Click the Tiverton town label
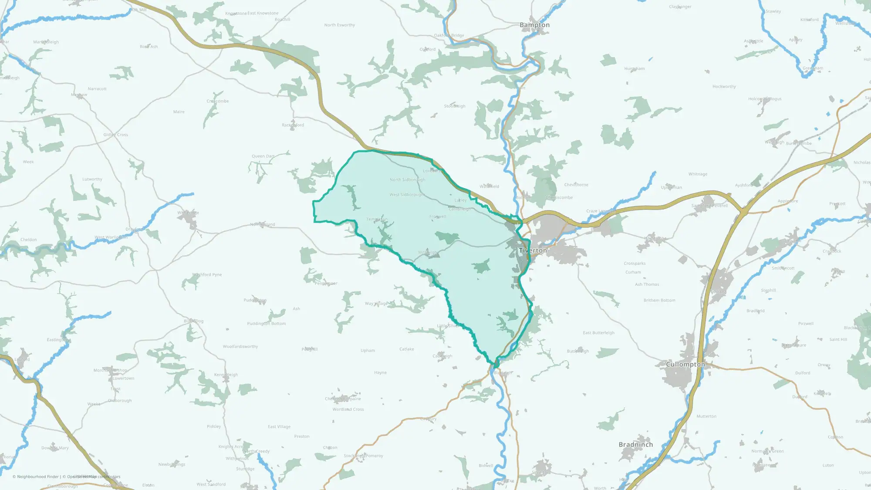coord(533,250)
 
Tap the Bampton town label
coord(534,25)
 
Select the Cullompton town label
coord(685,364)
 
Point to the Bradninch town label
coord(635,444)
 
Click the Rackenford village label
coord(293,125)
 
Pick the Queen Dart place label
coord(263,156)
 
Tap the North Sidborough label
coord(407,179)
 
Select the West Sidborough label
coord(407,195)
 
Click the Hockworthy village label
coord(724,87)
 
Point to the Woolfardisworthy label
coord(240,347)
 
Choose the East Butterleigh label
coord(598,333)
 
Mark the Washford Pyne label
coord(207,275)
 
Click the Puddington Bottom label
coord(266,324)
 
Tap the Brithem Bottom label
coord(659,300)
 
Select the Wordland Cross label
coord(348,409)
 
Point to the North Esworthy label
coord(339,25)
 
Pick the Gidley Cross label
coord(115,135)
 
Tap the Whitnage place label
coord(698,174)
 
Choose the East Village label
coord(279,427)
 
